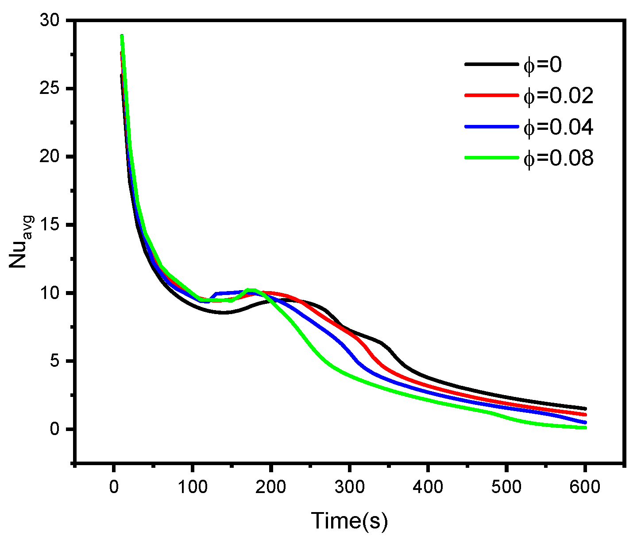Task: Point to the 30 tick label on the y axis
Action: (x=52, y=21)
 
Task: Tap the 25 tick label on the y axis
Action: (x=52, y=89)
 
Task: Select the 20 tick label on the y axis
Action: (x=52, y=157)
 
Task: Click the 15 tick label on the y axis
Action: (x=52, y=225)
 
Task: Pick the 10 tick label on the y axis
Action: (x=52, y=293)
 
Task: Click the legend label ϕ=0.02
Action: (x=558, y=96)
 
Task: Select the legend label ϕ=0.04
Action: (x=558, y=127)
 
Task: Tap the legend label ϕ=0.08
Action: (x=558, y=158)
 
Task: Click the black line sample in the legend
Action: (x=491, y=65)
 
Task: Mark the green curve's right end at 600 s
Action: (x=585, y=427)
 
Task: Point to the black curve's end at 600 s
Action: (x=585, y=408)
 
